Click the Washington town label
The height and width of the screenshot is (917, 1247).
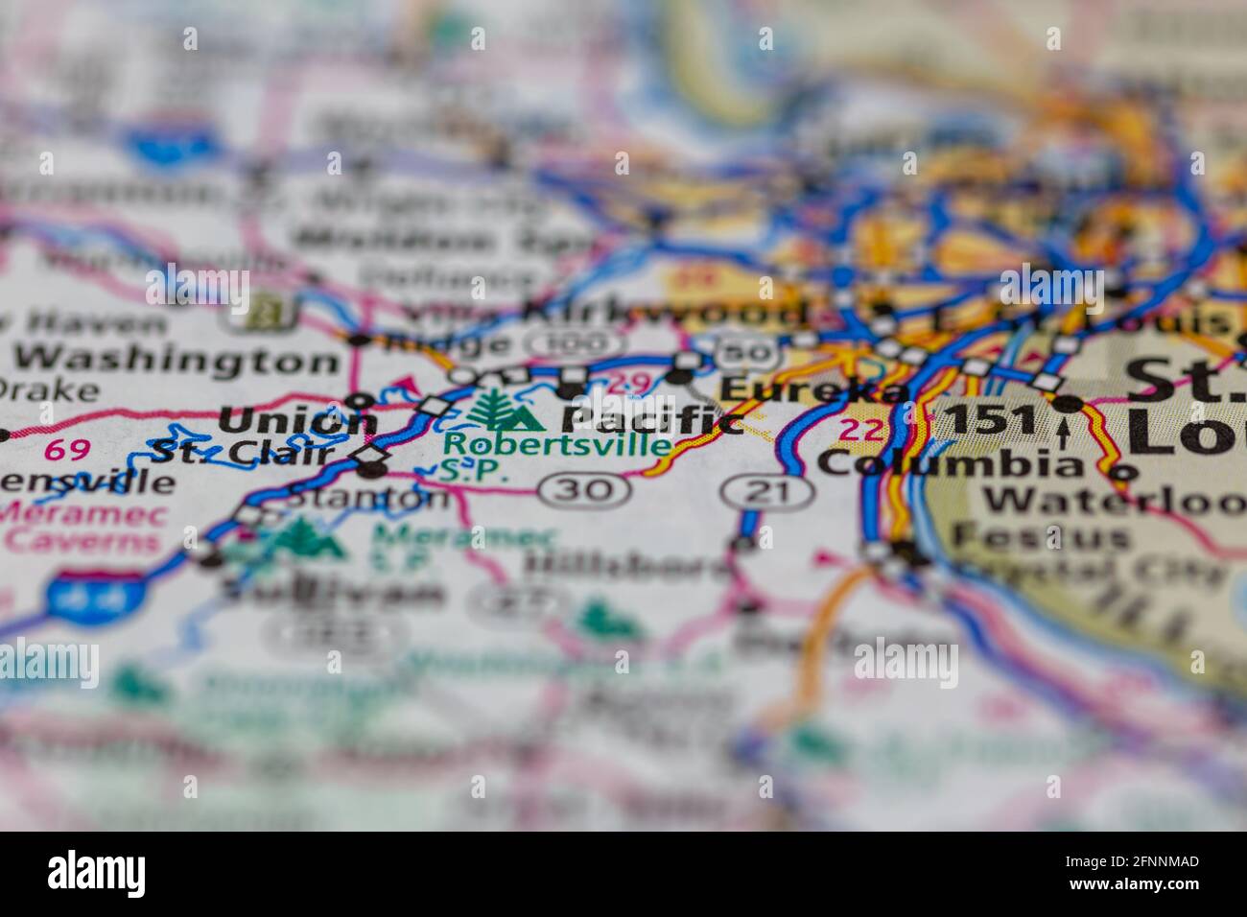pyautogui.click(x=177, y=361)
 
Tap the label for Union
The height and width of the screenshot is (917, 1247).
pyautogui.click(x=297, y=421)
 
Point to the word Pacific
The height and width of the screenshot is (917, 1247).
pyautogui.click(x=652, y=419)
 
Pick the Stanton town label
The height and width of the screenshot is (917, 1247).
pyautogui.click(x=368, y=498)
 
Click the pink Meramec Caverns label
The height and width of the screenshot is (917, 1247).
pyautogui.click(x=84, y=526)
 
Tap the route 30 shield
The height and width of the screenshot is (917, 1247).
pyautogui.click(x=585, y=490)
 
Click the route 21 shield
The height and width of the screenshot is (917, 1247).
pyautogui.click(x=768, y=493)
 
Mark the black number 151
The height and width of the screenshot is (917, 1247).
pyautogui.click(x=990, y=421)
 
